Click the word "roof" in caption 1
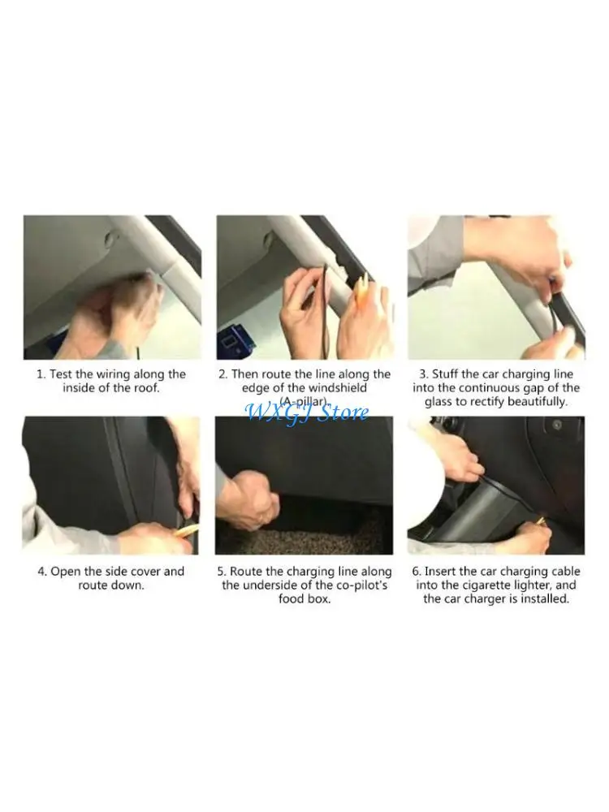pyautogui.click(x=145, y=388)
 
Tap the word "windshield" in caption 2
pyautogui.click(x=338, y=388)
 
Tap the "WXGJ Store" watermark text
pyautogui.click(x=307, y=412)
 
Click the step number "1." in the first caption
pyautogui.click(x=41, y=374)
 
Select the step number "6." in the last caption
pyautogui.click(x=417, y=572)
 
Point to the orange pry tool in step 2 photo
pyautogui.click(x=362, y=289)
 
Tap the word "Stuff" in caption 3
pyautogui.click(x=445, y=374)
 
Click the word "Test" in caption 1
pyautogui.click(x=61, y=374)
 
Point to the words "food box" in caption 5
pyautogui.click(x=304, y=599)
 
